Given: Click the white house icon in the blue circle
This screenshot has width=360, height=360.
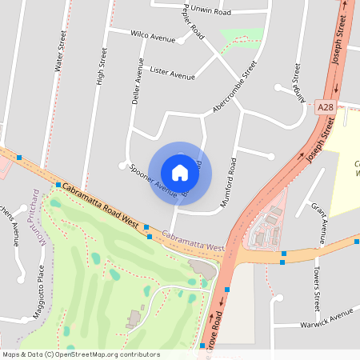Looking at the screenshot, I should pos(180,172).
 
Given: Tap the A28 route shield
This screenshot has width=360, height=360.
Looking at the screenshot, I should pos(324,106).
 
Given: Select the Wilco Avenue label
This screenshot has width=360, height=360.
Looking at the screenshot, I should pos(152,37).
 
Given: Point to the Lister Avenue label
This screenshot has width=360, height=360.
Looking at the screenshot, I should pos(172,74).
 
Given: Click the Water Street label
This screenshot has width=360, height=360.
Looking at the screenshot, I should pos(58,52).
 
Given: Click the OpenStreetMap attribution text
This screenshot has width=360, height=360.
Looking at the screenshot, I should pos(81,354).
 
